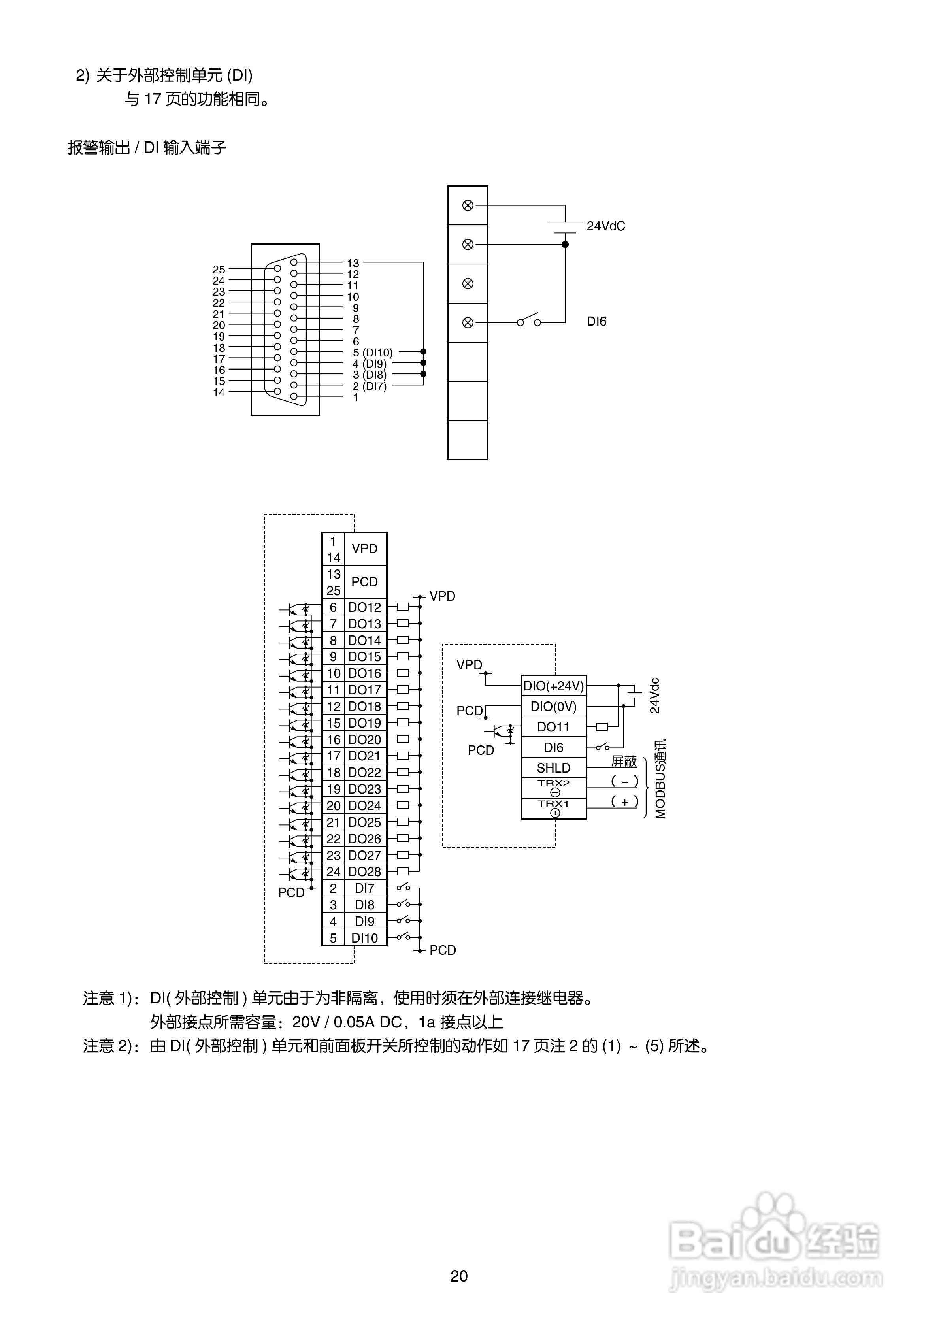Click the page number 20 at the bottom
(458, 1276)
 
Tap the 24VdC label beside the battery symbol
(605, 226)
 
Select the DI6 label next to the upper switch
(597, 322)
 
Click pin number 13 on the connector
(353, 263)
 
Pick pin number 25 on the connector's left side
(219, 270)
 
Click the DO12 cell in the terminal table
(365, 607)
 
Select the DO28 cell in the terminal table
(365, 872)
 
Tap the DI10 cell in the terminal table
(365, 938)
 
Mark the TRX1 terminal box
(554, 809)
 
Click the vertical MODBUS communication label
(660, 779)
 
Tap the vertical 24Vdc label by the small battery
(654, 696)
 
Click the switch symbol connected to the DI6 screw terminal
(529, 320)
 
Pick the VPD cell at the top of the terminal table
(365, 549)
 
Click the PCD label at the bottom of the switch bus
(442, 950)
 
